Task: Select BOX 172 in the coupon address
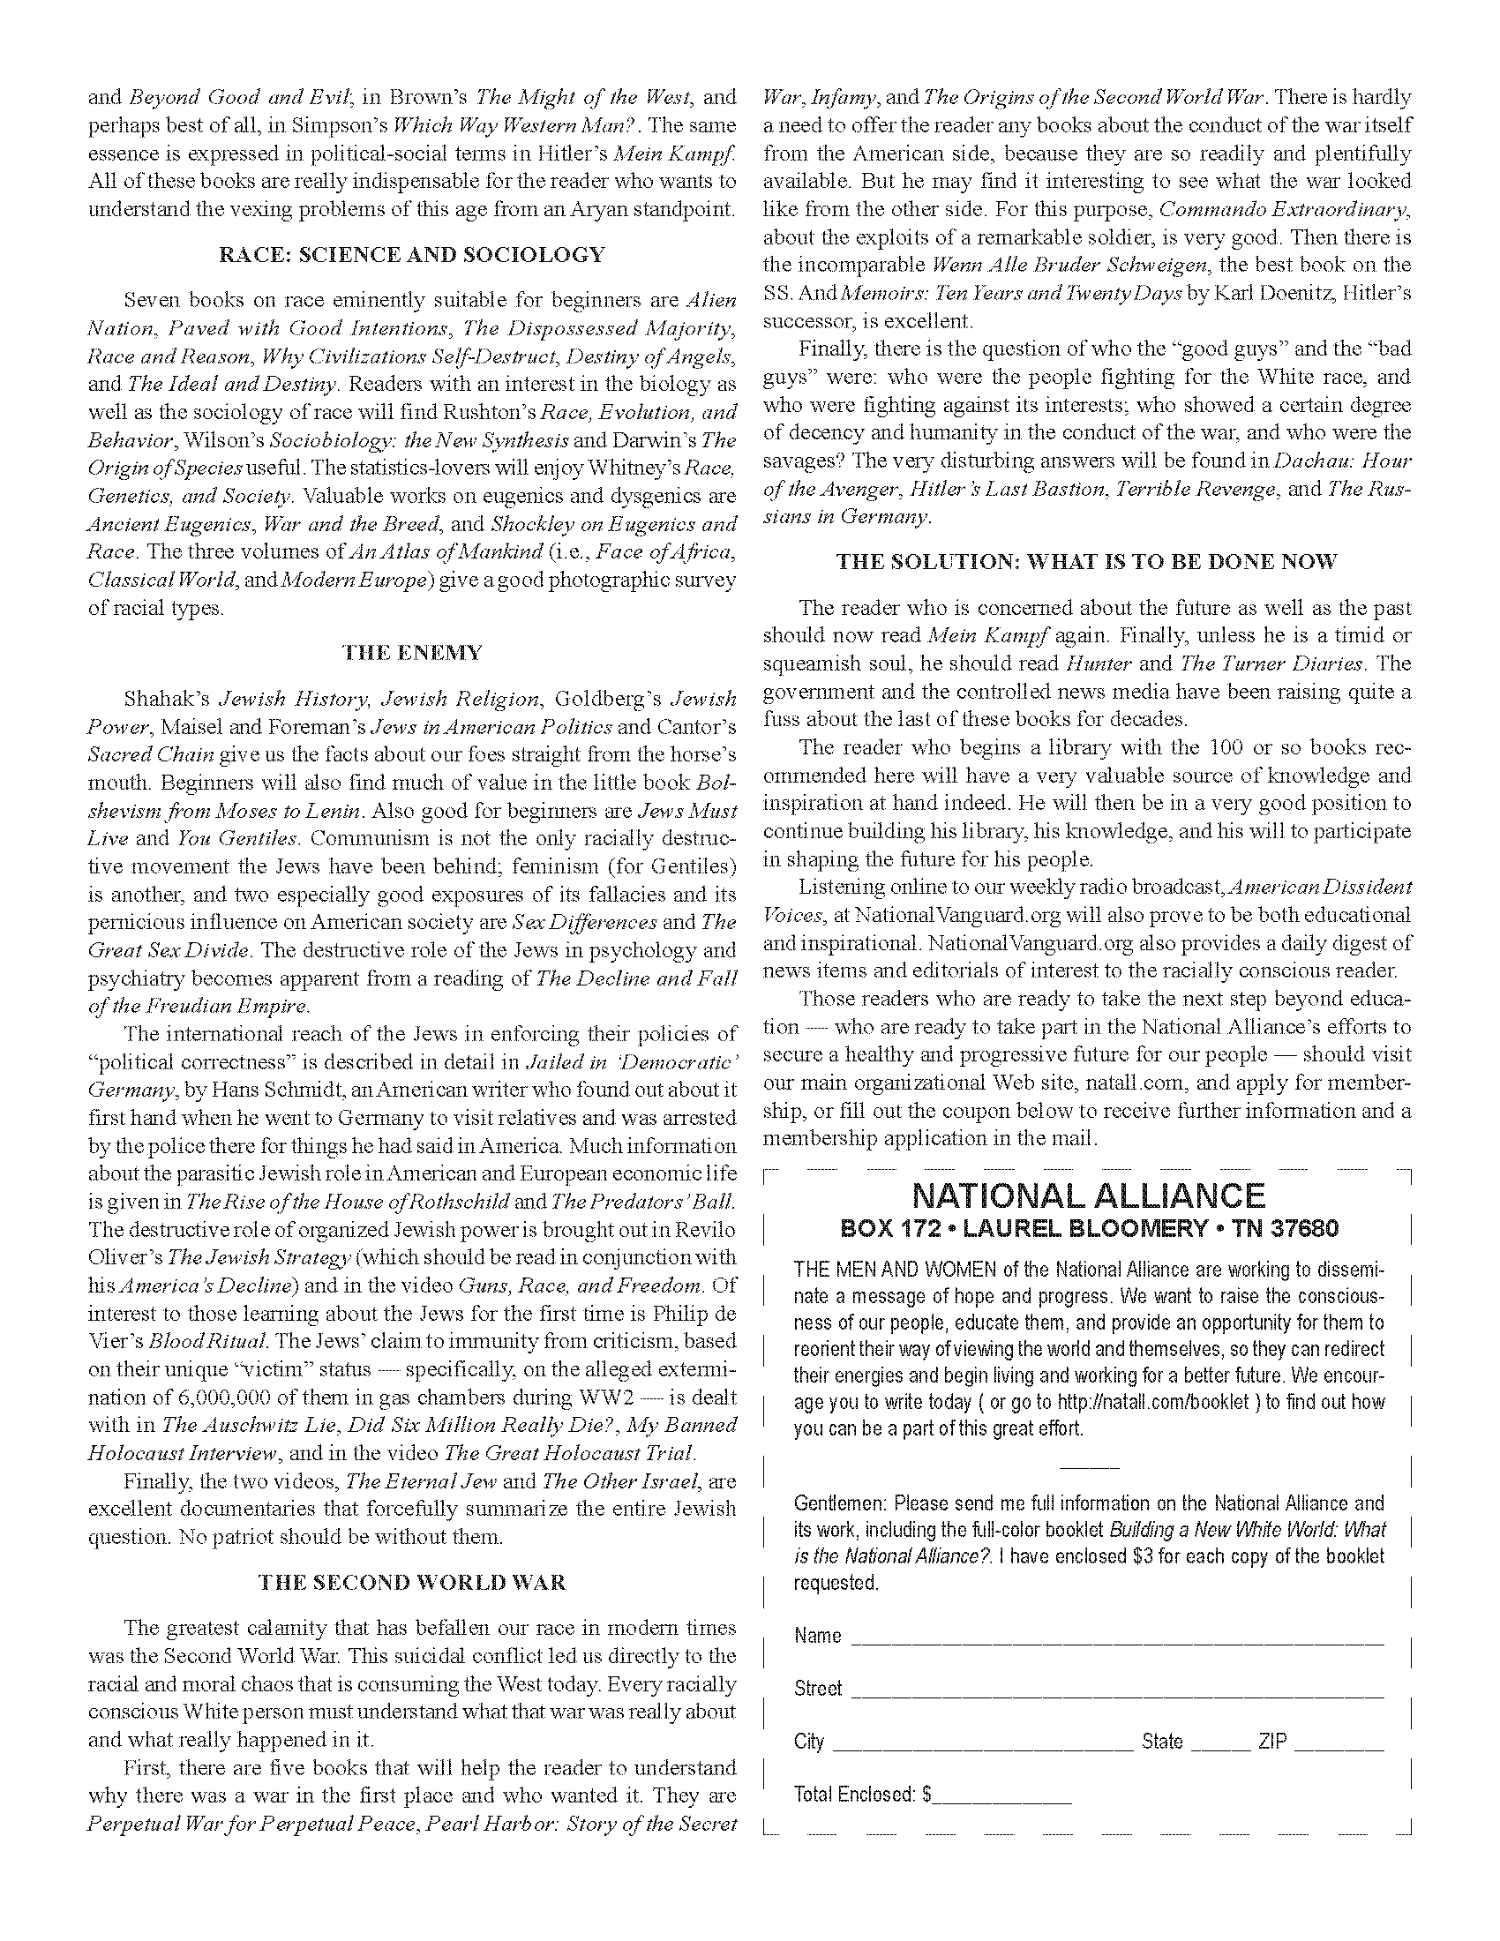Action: (890, 1228)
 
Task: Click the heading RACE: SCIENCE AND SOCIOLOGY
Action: (411, 255)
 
